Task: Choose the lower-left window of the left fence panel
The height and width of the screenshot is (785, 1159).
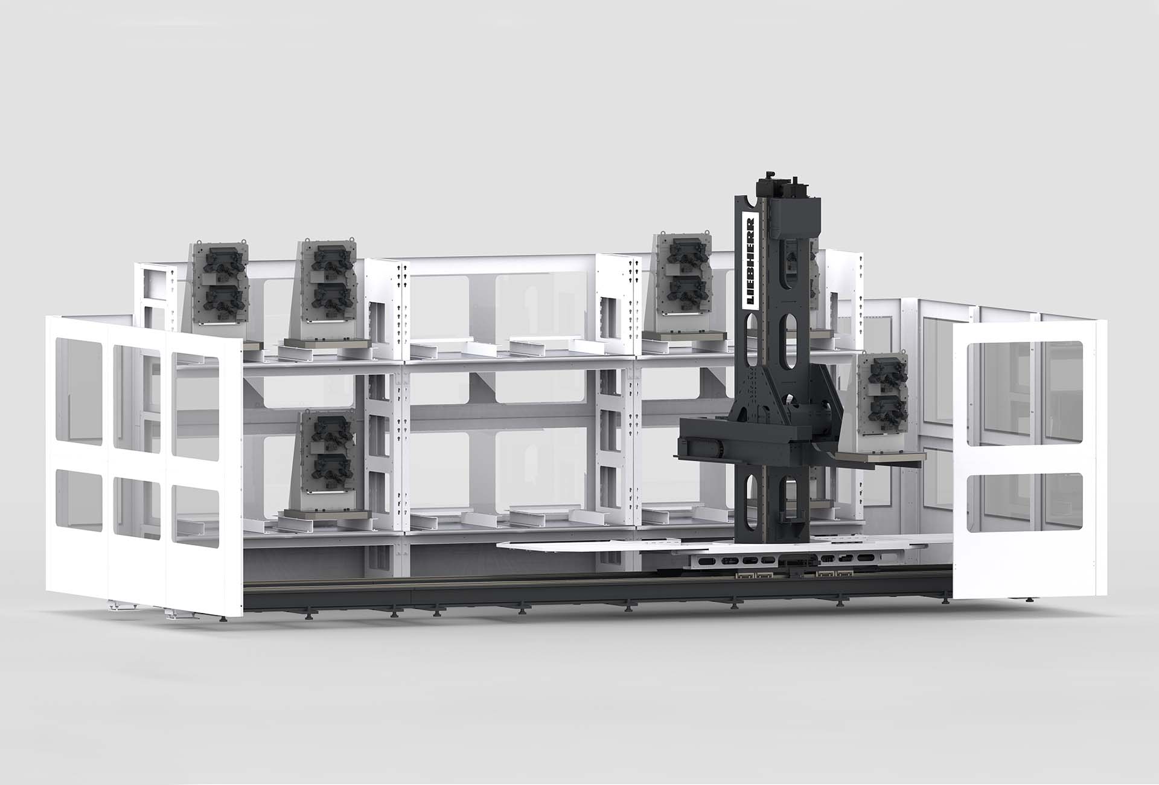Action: coord(78,492)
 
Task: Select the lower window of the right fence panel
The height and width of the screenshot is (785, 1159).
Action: coord(1024,503)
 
